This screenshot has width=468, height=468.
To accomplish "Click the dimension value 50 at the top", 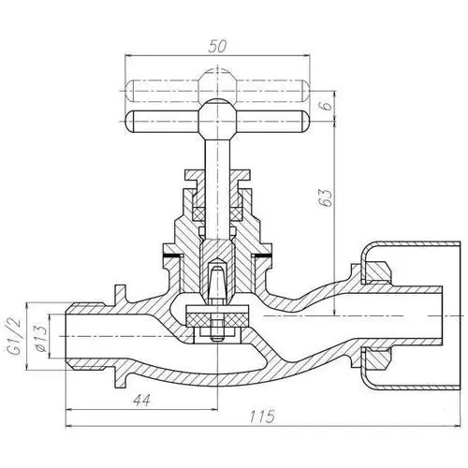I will tap(217, 44).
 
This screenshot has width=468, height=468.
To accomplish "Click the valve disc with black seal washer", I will tap(217, 319).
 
